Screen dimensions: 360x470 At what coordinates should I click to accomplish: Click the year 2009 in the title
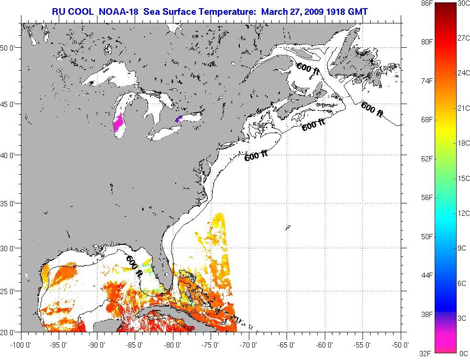tap(320, 11)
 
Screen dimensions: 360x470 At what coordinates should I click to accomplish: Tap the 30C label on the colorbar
tap(463, 3)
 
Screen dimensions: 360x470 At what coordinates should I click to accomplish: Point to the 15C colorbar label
tap(463, 179)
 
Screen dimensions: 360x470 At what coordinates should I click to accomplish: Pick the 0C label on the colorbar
tap(463, 353)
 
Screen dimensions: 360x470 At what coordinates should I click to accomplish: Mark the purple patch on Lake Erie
tap(179, 118)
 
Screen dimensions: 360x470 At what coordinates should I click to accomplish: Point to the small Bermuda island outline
tap(288, 228)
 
